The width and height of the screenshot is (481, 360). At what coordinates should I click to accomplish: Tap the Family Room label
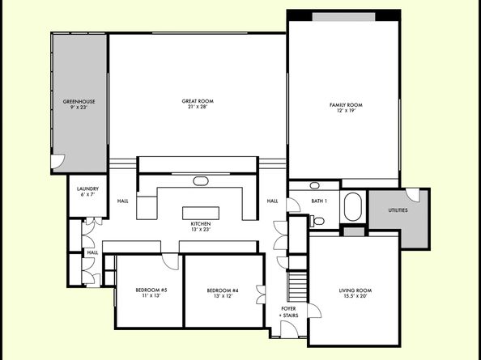[345, 104]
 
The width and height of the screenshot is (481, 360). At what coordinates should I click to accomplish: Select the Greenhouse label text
[79, 101]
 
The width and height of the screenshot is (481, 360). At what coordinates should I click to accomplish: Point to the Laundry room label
[89, 188]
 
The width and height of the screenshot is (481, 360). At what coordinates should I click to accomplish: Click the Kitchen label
[201, 224]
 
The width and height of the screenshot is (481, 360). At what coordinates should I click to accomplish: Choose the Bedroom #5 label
[151, 290]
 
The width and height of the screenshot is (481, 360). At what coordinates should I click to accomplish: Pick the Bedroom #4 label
[223, 290]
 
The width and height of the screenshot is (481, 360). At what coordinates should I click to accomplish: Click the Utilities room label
[397, 210]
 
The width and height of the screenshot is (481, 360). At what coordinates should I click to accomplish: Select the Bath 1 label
[320, 201]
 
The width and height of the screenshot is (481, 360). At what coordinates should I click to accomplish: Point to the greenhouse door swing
[57, 164]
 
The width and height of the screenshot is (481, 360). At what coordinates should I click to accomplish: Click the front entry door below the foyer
[287, 328]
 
